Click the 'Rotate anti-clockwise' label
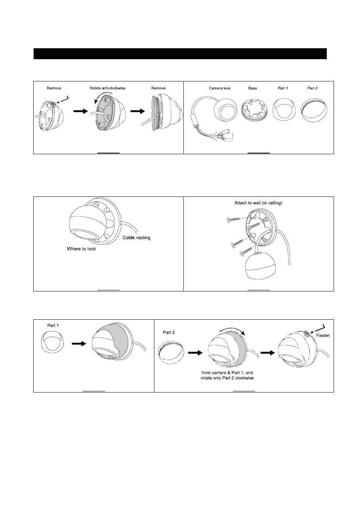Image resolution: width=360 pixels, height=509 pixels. [107, 88]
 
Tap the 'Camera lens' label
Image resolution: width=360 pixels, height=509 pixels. [220, 88]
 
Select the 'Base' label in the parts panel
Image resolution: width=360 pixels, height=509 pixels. [252, 88]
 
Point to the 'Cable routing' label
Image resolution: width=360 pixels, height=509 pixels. [136, 238]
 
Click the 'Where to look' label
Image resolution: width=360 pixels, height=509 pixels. [81, 249]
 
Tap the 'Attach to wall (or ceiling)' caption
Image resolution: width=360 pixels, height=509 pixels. [258, 203]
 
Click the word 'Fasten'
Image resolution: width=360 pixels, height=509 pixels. [323, 336]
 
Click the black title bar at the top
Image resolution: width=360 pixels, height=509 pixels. [180, 54]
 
